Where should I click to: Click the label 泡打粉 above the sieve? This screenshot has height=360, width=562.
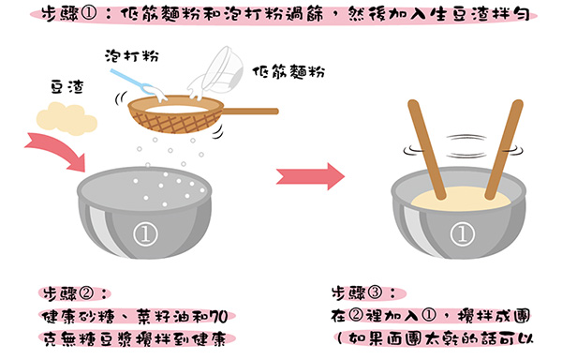coord(132,56)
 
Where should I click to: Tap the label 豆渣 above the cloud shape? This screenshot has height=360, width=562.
coord(67,87)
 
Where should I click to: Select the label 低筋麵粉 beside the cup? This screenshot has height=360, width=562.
coord(288,71)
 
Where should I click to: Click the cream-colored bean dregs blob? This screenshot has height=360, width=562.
coord(67,119)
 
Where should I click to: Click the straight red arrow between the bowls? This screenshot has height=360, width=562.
coord(310,176)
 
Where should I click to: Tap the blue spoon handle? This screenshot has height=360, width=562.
coord(127,80)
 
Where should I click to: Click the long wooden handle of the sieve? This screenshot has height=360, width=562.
coord(250,112)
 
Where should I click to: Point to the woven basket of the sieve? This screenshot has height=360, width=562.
coord(176,119)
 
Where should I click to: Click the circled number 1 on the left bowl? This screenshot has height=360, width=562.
coord(145,234)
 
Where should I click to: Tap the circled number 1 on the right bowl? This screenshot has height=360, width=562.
coord(462,233)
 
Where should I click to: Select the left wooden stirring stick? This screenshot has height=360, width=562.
coord(426,149)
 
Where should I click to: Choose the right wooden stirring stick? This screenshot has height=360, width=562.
coord(504,149)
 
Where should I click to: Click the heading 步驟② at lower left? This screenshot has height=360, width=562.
coord(74,294)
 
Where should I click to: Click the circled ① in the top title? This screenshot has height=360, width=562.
coord(89,15)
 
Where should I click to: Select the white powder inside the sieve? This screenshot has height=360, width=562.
coord(175,109)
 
